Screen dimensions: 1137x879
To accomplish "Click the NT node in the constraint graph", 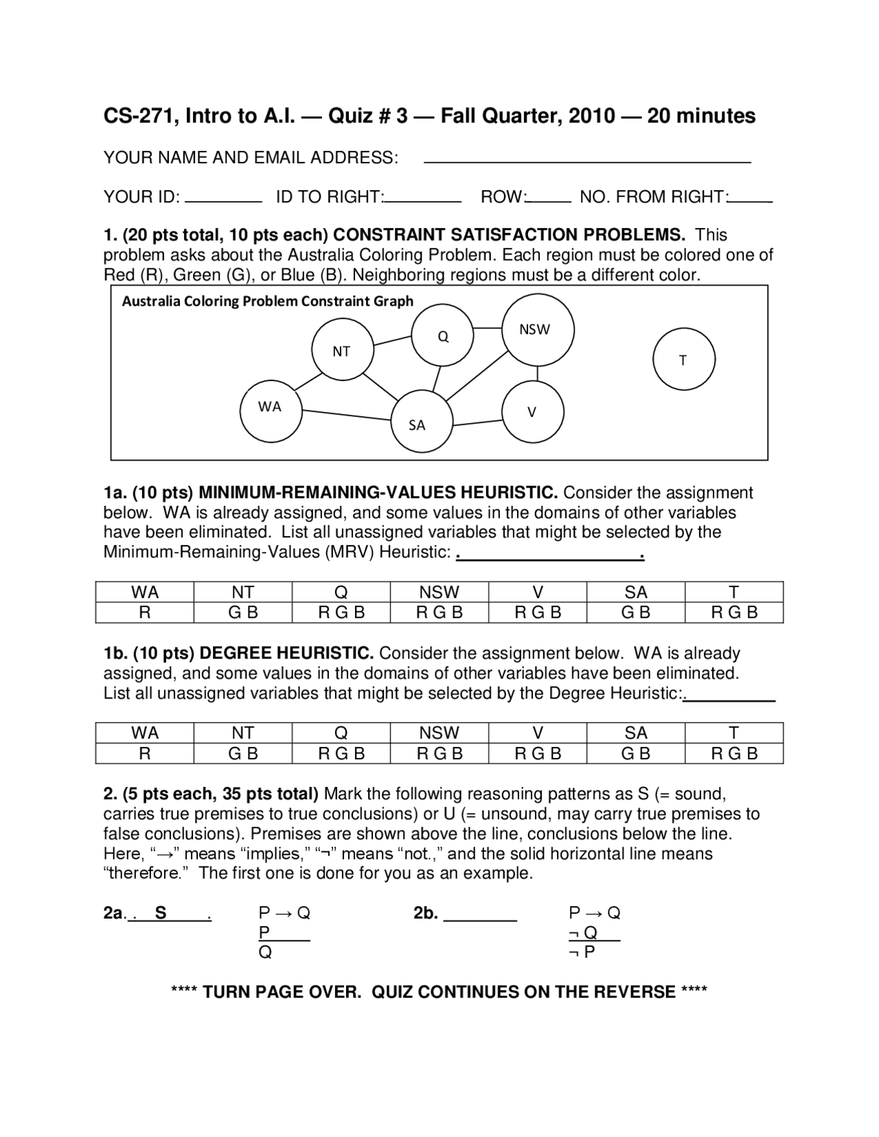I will [x=342, y=351].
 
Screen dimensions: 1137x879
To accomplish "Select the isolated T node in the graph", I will [x=683, y=360].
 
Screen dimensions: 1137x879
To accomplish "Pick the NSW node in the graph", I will [x=538, y=330].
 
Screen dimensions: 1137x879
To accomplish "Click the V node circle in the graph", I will [x=533, y=412].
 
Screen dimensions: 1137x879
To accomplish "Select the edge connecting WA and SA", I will [x=347, y=415].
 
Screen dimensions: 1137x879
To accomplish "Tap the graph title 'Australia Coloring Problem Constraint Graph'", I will [x=268, y=301].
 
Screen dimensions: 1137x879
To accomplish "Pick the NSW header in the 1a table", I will [x=439, y=592].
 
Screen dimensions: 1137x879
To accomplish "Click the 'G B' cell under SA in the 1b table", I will [x=636, y=753].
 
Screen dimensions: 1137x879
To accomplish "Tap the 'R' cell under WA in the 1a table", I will [x=144, y=612].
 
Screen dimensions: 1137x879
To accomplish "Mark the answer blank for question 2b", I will [x=480, y=917].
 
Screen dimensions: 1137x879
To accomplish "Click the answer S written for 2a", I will [x=161, y=912].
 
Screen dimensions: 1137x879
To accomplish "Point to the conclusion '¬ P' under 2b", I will [x=582, y=952].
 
